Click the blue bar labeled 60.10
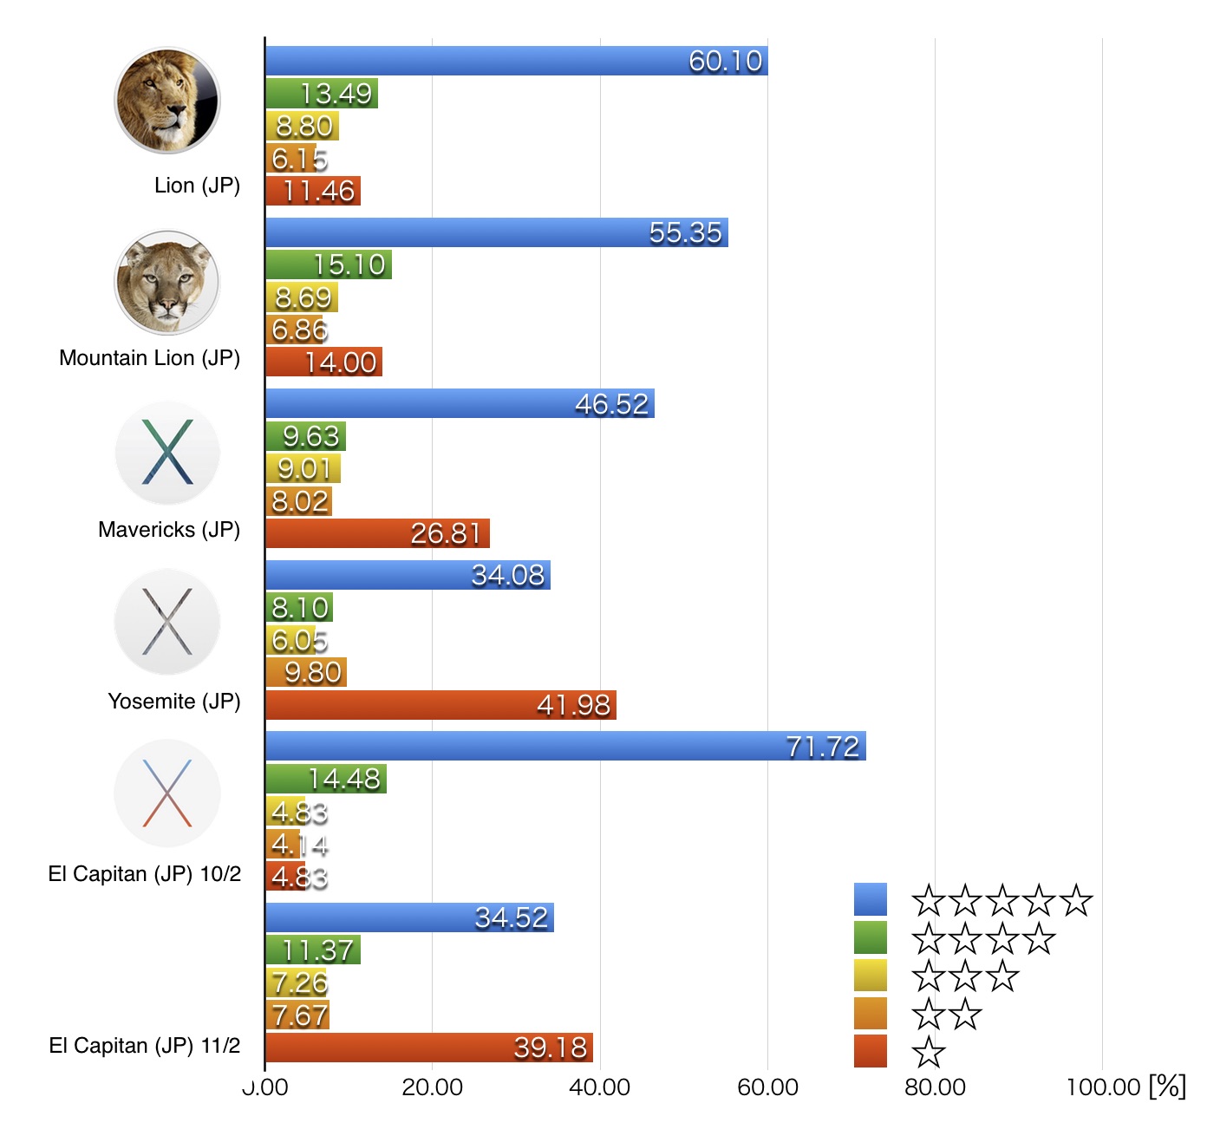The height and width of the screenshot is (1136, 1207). (516, 61)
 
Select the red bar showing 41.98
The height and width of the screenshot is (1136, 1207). (440, 705)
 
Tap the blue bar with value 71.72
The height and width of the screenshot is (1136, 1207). (565, 746)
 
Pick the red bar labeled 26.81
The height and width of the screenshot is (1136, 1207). (377, 533)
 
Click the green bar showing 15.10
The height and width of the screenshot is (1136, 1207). (329, 264)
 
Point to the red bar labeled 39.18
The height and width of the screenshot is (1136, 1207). (429, 1048)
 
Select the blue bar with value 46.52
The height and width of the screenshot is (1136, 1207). (460, 403)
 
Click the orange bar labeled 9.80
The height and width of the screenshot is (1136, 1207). (306, 672)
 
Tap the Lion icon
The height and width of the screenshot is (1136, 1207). (167, 101)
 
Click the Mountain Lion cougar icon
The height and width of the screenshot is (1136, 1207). (167, 282)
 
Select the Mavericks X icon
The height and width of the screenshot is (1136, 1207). (167, 453)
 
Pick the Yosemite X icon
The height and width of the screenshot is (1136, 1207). (167, 622)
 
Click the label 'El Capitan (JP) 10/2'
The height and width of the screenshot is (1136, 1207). (145, 874)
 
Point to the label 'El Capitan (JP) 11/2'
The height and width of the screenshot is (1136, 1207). (145, 1046)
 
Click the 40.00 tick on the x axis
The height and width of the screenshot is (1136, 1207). (599, 1087)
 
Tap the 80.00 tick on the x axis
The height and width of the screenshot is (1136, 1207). (935, 1087)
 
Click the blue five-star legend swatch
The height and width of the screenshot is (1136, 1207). (871, 899)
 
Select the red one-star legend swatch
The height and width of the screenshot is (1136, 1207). (871, 1051)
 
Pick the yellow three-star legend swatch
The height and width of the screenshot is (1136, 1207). (871, 976)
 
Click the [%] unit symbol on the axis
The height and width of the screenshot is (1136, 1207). (1167, 1086)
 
